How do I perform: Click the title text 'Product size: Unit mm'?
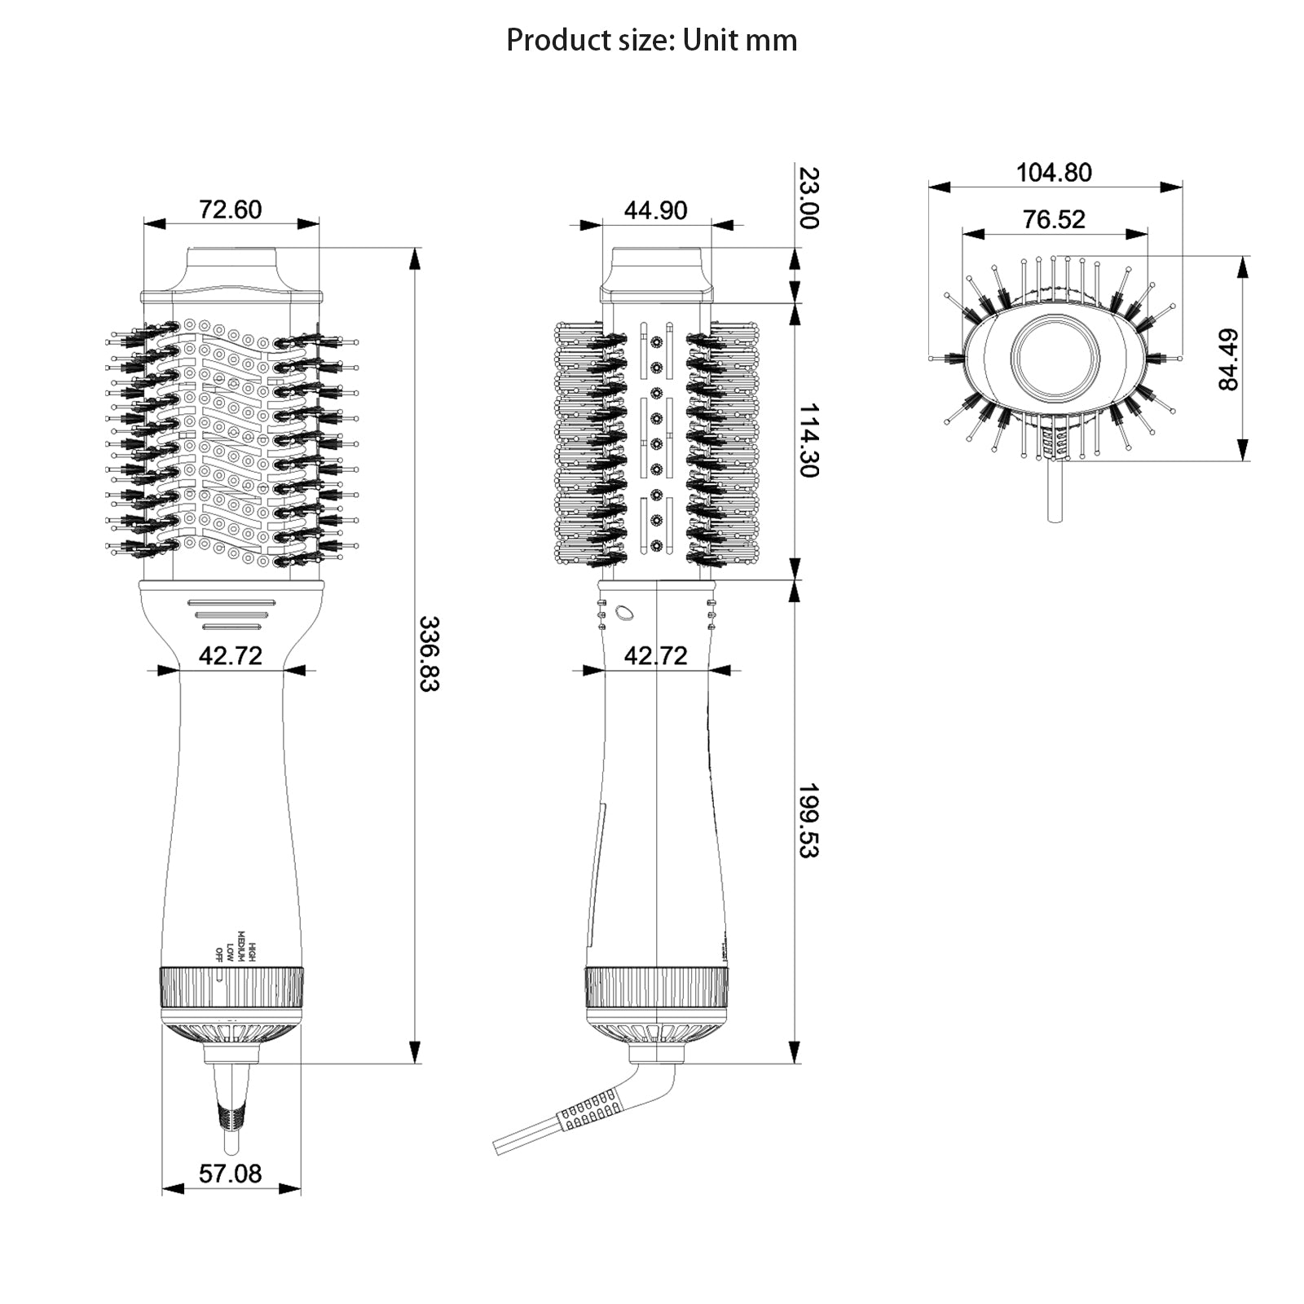pyautogui.click(x=651, y=40)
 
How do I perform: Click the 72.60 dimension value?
pyautogui.click(x=231, y=209)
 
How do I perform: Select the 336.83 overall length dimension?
pyautogui.click(x=429, y=654)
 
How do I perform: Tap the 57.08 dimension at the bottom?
pyautogui.click(x=231, y=1173)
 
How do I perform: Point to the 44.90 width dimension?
pyautogui.click(x=655, y=210)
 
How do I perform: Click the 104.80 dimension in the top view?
pyautogui.click(x=1054, y=173)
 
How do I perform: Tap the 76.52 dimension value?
pyautogui.click(x=1054, y=219)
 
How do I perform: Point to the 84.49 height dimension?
pyautogui.click(x=1228, y=359)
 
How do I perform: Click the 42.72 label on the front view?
pyautogui.click(x=231, y=655)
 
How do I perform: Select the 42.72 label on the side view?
pyautogui.click(x=655, y=655)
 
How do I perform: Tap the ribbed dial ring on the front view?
pyautogui.click(x=232, y=987)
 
